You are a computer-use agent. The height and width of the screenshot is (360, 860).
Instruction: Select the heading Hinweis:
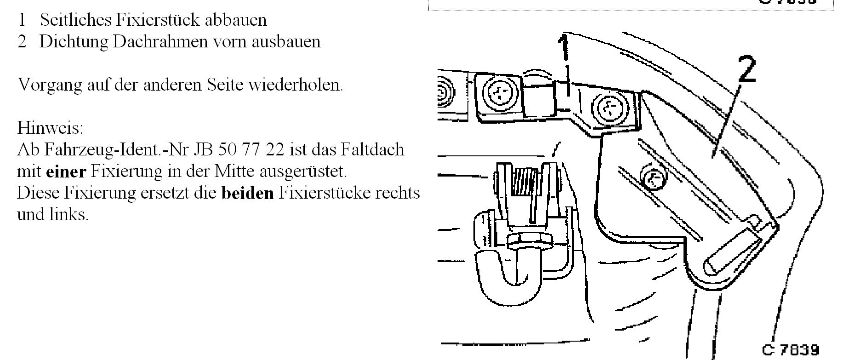pos(50,127)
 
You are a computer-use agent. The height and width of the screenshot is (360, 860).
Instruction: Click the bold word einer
pos(66,171)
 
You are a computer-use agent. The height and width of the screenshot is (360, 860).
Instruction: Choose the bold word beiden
pos(247,193)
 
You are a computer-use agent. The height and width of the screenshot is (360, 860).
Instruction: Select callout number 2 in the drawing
pos(747,69)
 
